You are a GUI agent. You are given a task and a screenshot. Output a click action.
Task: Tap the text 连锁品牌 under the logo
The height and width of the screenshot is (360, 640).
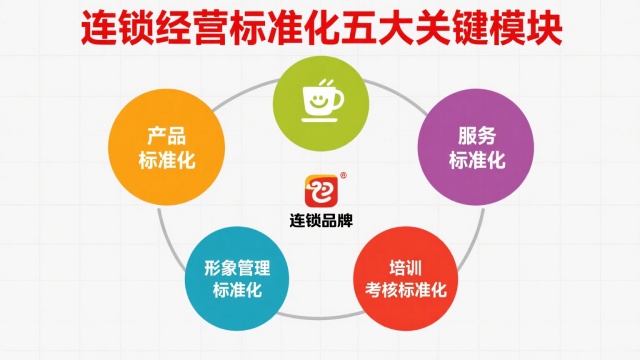click(320, 220)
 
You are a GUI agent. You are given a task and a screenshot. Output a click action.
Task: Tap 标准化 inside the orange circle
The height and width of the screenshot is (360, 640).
click(163, 160)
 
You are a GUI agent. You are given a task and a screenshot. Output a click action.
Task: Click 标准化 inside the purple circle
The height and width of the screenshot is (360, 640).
click(476, 160)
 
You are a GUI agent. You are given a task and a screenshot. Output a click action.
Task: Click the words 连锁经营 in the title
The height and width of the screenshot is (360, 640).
click(158, 27)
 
